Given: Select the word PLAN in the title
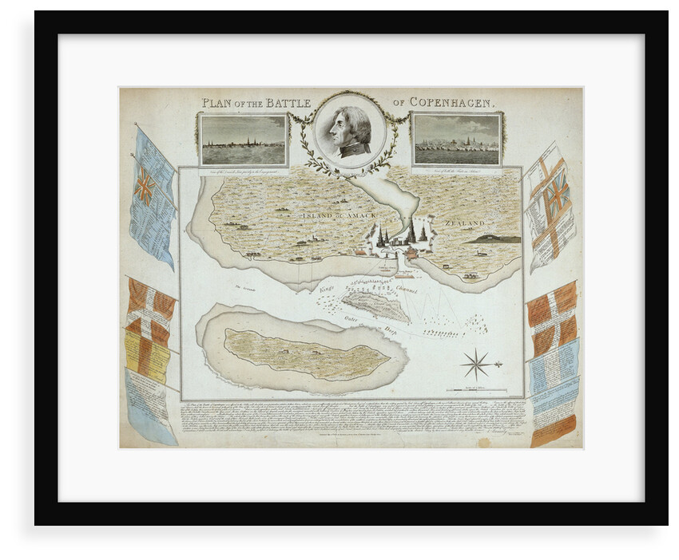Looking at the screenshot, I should (x=216, y=102).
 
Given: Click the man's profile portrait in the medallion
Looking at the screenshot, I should (x=350, y=131).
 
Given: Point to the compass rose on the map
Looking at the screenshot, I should (x=476, y=364).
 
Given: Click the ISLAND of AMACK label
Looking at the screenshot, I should (x=332, y=215).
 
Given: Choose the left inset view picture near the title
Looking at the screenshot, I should (x=243, y=140).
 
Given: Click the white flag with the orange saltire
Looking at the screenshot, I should (x=551, y=205).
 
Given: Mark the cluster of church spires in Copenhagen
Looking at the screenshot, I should (x=399, y=234).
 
